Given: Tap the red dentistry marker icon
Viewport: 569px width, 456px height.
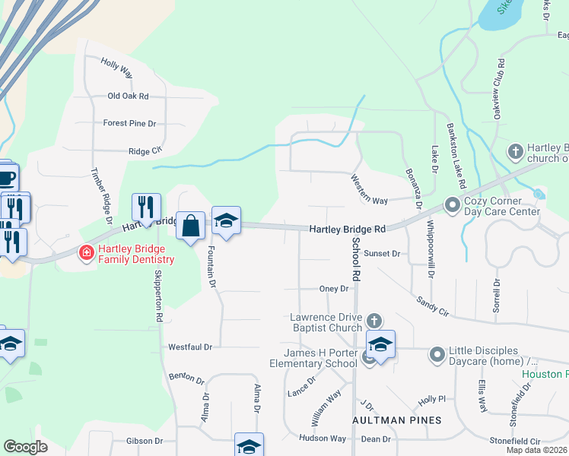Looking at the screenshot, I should (87, 252).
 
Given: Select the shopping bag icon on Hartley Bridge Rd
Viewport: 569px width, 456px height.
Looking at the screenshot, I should (191, 226).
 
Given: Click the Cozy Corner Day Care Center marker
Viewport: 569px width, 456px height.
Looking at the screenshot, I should (452, 205).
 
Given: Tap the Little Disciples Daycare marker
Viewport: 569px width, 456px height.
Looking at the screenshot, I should (437, 354).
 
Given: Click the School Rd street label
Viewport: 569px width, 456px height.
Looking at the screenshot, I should (355, 258).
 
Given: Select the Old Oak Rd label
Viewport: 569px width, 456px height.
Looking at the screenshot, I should (128, 97).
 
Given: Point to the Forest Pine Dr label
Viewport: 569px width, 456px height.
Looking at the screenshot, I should (129, 123).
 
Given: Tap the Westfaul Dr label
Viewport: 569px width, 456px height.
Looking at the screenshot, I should (190, 347).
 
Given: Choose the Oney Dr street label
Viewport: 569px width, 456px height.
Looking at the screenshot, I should (333, 289).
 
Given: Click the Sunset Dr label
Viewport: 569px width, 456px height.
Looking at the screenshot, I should (381, 253).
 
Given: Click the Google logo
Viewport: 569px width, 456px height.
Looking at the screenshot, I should (26, 446).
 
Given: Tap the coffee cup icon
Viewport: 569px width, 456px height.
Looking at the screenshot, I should (6, 178).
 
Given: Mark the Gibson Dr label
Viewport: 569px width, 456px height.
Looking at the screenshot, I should (145, 441).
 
